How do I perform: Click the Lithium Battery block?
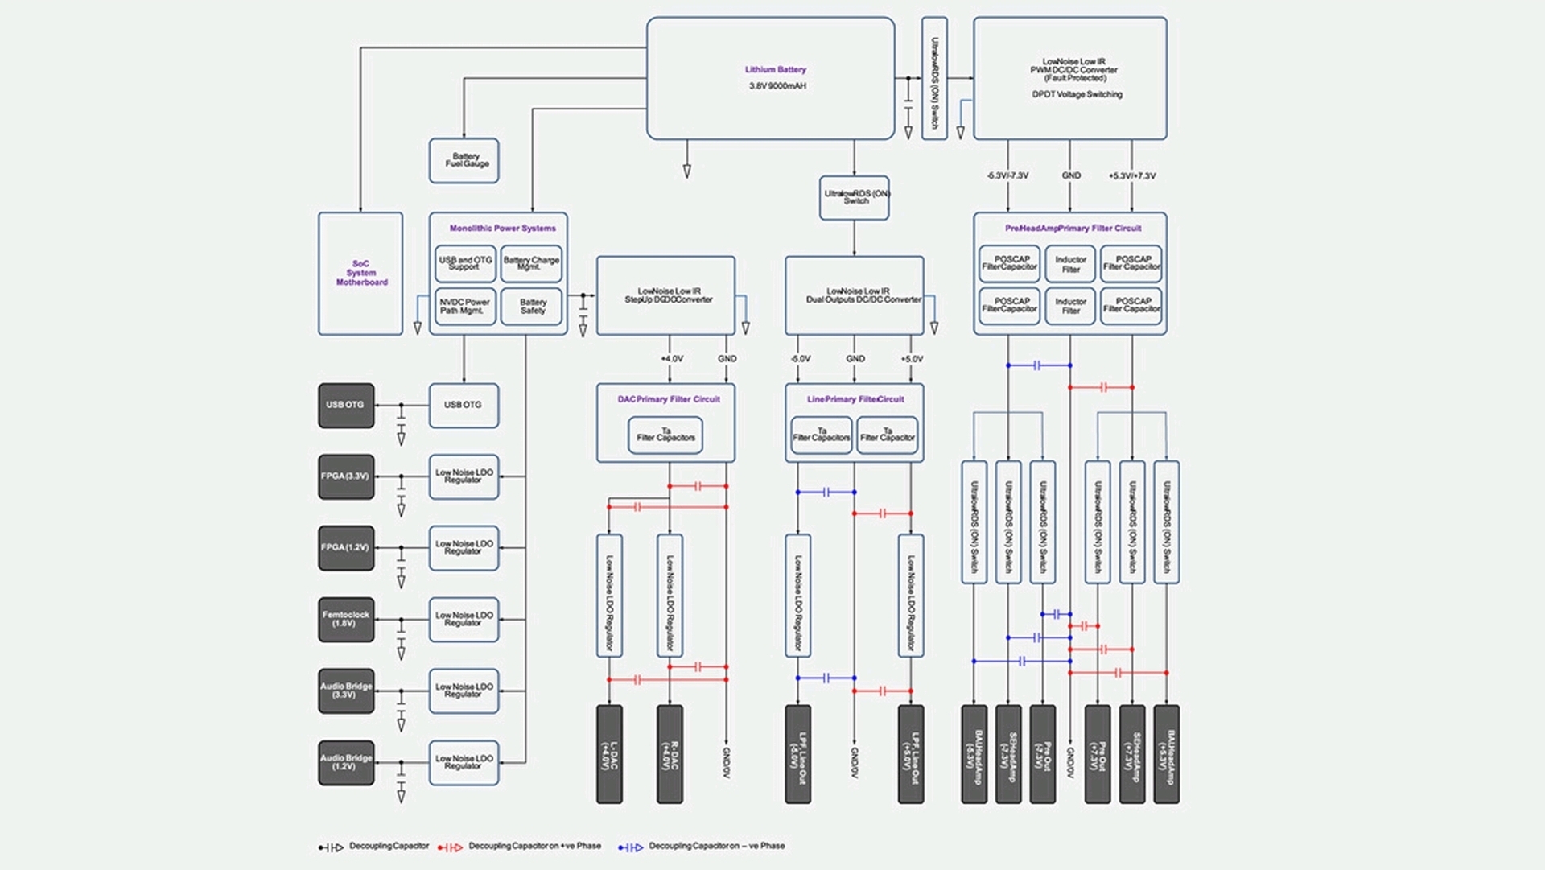pyautogui.click(x=770, y=78)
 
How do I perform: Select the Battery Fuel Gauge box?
pyautogui.click(x=463, y=160)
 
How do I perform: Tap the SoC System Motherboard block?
pyautogui.click(x=360, y=274)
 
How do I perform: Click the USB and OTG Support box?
pyautogui.click(x=465, y=263)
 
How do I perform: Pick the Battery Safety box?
pyautogui.click(x=532, y=307)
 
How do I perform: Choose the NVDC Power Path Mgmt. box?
pyautogui.click(x=465, y=307)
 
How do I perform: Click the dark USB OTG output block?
pyautogui.click(x=346, y=405)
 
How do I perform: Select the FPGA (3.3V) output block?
pyautogui.click(x=346, y=476)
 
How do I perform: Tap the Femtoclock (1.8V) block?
pyautogui.click(x=346, y=619)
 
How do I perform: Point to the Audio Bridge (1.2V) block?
pyautogui.click(x=346, y=762)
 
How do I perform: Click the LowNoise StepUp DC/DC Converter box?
pyautogui.click(x=666, y=295)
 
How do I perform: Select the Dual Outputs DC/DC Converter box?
pyautogui.click(x=855, y=295)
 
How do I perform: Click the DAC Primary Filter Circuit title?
pyautogui.click(x=669, y=399)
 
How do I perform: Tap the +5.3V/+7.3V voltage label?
pyautogui.click(x=1131, y=175)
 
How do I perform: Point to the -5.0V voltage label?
pyautogui.click(x=800, y=359)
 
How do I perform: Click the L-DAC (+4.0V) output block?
pyautogui.click(x=609, y=754)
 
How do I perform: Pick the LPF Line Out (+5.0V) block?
pyautogui.click(x=911, y=754)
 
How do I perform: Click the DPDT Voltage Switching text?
pyautogui.click(x=1077, y=94)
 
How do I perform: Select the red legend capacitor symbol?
pyautogui.click(x=450, y=847)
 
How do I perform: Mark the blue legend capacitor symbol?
pyautogui.click(x=630, y=847)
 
